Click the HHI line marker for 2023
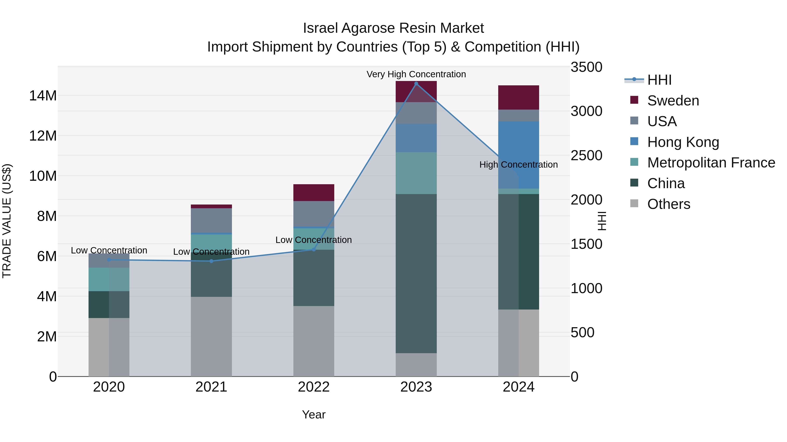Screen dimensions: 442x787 pyautogui.click(x=416, y=84)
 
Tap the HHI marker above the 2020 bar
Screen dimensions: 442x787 pyautogui.click(x=109, y=260)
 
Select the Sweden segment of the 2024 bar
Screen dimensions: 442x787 pyautogui.click(x=519, y=97)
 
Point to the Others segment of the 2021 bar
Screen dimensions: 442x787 pyautogui.click(x=211, y=336)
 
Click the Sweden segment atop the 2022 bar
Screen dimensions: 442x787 pyautogui.click(x=313, y=193)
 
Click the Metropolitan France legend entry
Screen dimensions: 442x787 pyautogui.click(x=711, y=163)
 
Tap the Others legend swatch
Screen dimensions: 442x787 pyautogui.click(x=634, y=203)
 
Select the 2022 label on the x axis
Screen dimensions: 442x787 pyautogui.click(x=313, y=387)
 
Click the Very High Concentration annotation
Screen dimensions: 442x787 pyautogui.click(x=416, y=74)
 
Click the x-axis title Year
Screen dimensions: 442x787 pyautogui.click(x=313, y=414)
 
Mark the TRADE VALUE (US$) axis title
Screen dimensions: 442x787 pyautogui.click(x=7, y=221)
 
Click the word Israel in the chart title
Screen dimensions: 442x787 pyautogui.click(x=320, y=28)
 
